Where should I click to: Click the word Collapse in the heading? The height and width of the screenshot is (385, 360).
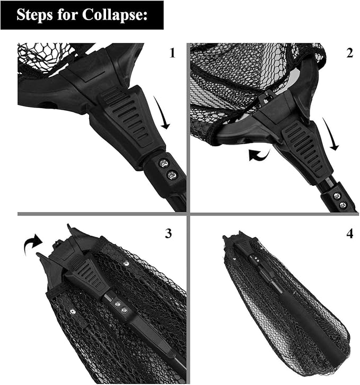pos(115,15)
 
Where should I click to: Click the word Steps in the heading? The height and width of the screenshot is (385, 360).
pos(34,15)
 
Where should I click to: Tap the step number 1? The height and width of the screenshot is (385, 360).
pos(173,53)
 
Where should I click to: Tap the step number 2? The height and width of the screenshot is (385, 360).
pos(349,53)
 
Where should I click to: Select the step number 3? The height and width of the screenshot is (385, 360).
pos(169,234)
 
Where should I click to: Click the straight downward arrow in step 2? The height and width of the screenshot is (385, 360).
pos(331,134)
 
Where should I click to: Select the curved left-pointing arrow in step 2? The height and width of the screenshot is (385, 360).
pos(259,155)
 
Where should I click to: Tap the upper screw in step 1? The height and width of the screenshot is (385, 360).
pos(163,163)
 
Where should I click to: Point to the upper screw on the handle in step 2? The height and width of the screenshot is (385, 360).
pos(337,196)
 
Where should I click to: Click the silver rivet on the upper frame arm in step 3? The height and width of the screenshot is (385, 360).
pos(126,263)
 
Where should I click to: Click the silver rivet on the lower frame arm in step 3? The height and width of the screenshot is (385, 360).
pos(72,311)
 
